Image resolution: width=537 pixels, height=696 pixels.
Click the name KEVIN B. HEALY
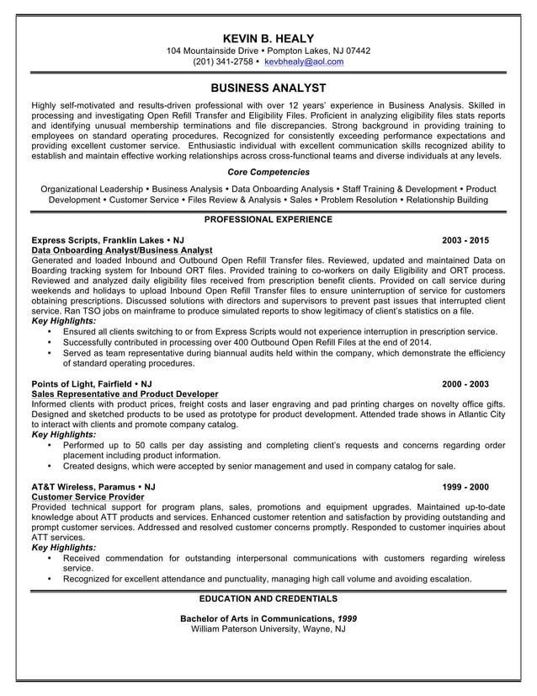click(268, 38)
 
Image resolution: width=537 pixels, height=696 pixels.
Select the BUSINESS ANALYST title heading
click(268, 88)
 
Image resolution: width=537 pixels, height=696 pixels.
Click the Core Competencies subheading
click(268, 172)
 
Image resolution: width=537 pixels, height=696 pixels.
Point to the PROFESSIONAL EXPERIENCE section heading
click(268, 219)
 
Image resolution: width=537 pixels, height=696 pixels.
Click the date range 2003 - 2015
click(465, 239)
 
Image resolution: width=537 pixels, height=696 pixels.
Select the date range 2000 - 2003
click(465, 383)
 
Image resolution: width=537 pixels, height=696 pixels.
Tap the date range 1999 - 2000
click(465, 487)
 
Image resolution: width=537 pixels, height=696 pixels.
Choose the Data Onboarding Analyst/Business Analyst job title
click(121, 250)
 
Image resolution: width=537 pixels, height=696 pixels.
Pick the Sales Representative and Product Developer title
click(125, 394)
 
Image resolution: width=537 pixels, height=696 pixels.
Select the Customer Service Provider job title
click(87, 497)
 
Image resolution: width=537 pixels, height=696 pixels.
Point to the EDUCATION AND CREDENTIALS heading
click(268, 599)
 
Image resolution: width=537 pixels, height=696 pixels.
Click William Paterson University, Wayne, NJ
click(268, 629)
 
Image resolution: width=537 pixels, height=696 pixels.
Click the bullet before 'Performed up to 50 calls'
click(50, 445)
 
